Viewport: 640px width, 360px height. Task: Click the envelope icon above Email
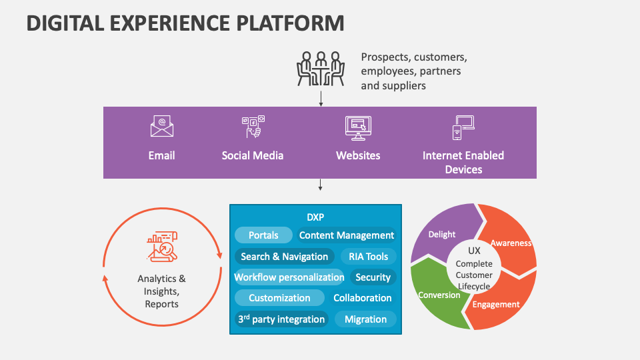(x=161, y=127)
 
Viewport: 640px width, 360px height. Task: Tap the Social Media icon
(x=253, y=127)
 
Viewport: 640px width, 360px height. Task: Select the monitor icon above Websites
(x=358, y=127)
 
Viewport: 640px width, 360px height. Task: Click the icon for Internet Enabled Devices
(x=463, y=127)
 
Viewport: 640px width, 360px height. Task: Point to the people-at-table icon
(x=321, y=69)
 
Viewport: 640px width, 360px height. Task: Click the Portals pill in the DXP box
(x=263, y=235)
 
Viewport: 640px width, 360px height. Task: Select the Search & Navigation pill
(x=284, y=257)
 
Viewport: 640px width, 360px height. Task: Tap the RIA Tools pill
(x=368, y=257)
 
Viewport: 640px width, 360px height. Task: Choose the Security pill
(x=373, y=277)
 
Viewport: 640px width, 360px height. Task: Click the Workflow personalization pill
(x=289, y=277)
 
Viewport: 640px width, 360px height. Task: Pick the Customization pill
(x=279, y=298)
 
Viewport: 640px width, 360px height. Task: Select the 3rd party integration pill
(x=281, y=319)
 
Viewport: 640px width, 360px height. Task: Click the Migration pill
(x=365, y=319)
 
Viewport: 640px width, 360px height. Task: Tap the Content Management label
(x=347, y=235)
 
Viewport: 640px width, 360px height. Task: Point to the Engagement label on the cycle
(x=495, y=305)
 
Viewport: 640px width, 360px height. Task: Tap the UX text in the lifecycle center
(x=474, y=251)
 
